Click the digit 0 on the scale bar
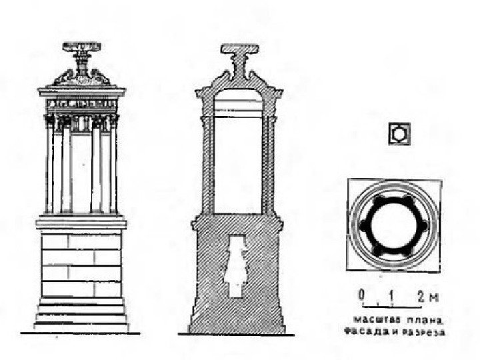coord(361,294)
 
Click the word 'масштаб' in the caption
coord(369,319)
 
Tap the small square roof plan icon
coord(399,133)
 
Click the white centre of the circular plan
coord(393,224)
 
